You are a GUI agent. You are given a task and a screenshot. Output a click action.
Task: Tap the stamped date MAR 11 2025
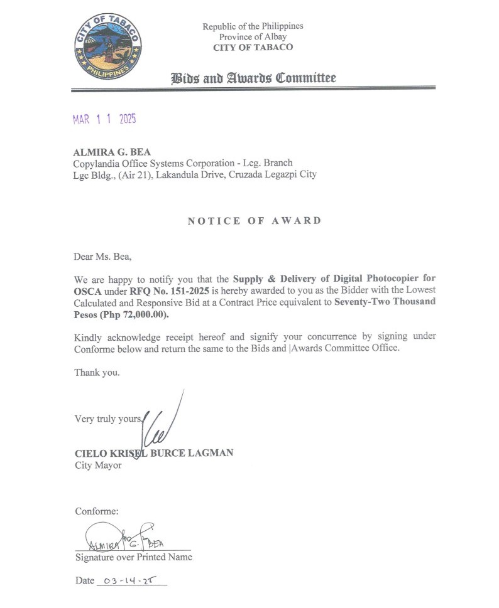(x=104, y=119)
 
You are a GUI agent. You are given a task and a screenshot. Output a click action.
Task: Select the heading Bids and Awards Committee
(x=253, y=78)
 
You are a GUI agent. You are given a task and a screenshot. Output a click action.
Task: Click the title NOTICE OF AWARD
(x=254, y=220)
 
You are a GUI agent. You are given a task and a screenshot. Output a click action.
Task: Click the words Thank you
(x=97, y=372)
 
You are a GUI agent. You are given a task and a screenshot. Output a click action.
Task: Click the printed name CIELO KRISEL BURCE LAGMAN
(x=154, y=452)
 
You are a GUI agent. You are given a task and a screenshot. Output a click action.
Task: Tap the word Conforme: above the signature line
(x=97, y=511)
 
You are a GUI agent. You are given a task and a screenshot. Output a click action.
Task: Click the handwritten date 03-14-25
(x=130, y=580)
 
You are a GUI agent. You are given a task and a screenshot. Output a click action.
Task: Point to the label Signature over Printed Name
(x=134, y=557)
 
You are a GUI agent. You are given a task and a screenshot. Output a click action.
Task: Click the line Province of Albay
(x=253, y=37)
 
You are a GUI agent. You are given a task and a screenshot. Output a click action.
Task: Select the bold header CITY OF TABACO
(x=253, y=48)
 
